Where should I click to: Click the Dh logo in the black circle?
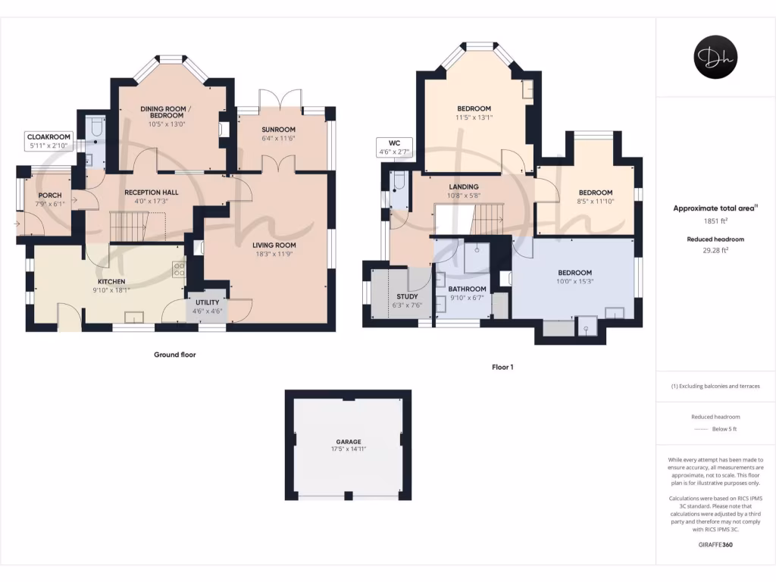pos(715,57)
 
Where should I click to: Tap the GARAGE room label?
pos(349,442)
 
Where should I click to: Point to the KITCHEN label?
pos(111,280)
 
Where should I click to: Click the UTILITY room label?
pos(207,302)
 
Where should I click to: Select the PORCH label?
pos(50,196)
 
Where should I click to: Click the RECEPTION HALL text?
pos(152,192)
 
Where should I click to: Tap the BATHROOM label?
pos(467,289)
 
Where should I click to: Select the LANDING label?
pos(464,186)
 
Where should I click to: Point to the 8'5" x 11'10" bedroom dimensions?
pos(596,202)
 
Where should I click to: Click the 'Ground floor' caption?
pos(174,355)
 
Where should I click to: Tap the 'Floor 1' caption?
pos(502,368)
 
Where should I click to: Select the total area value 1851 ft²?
pos(715,221)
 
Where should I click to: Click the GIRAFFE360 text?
pos(715,545)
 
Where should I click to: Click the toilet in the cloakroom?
pos(96,130)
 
